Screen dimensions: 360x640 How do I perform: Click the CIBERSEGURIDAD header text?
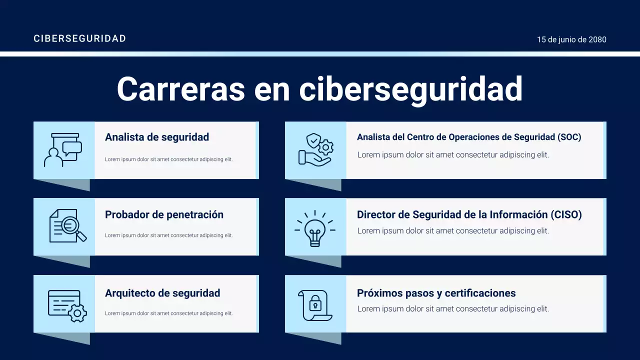(79, 38)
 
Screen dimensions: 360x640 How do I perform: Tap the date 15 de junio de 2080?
(571, 39)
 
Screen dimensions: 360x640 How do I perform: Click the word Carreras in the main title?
(180, 89)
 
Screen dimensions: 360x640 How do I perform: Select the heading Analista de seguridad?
(157, 137)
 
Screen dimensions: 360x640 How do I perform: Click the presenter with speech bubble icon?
(63, 150)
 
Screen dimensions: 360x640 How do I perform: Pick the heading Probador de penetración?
(164, 214)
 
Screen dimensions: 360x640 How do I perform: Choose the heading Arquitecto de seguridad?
(162, 293)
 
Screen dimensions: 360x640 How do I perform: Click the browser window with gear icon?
(67, 304)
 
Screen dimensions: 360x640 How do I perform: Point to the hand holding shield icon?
(315, 149)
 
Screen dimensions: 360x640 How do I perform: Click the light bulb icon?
(315, 228)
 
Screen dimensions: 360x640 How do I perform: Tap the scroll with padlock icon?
(315, 305)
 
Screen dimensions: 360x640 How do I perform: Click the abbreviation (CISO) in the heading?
(566, 214)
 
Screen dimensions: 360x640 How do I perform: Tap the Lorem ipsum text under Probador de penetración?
(168, 235)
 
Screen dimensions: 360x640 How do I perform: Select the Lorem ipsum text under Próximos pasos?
(453, 309)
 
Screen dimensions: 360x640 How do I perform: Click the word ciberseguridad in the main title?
(410, 89)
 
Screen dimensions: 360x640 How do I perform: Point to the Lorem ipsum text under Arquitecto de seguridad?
(168, 313)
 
